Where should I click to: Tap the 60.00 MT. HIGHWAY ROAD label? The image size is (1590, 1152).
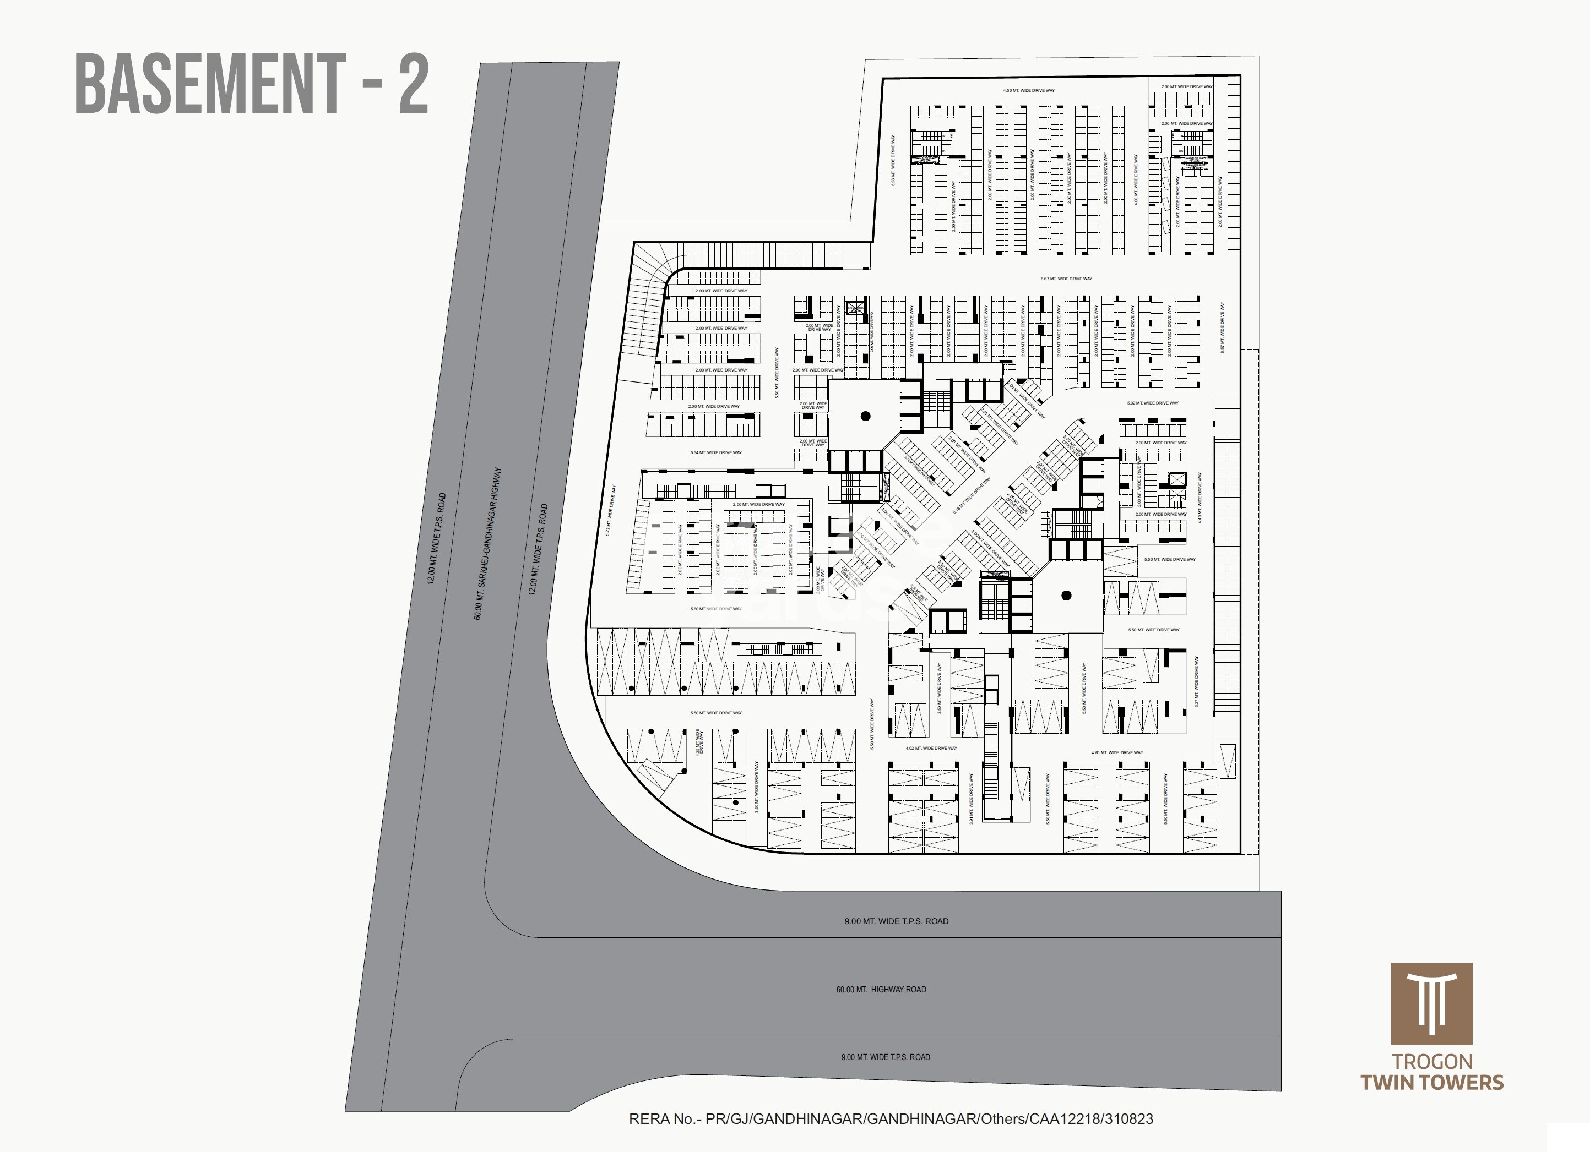pos(881,990)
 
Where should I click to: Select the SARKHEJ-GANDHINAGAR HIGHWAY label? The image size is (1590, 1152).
pos(488,544)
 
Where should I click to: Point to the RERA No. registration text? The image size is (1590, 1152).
pos(891,1119)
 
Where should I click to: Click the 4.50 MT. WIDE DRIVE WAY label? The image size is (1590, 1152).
pos(1028,90)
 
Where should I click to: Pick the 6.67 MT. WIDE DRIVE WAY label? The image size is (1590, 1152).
pos(1066,279)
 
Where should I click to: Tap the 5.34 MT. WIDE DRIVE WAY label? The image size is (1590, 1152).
pos(716,452)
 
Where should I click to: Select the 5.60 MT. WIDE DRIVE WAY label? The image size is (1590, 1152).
pos(716,609)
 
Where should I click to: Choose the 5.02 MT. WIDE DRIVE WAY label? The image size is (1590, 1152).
pos(1153,403)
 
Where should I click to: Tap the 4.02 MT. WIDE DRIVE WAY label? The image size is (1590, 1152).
pos(931,749)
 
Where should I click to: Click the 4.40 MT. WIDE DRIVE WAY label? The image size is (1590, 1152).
pos(1200,498)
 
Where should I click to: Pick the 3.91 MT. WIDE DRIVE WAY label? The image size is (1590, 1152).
pos(971,799)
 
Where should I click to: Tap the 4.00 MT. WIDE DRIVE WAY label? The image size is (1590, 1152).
pos(1136,180)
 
